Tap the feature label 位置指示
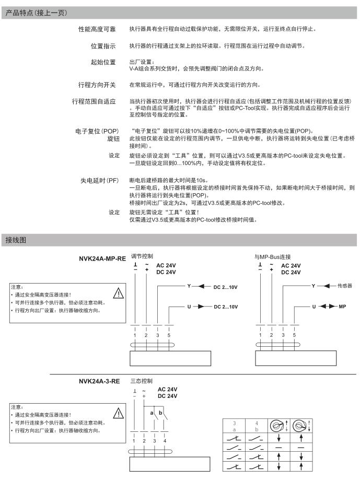click(103, 46)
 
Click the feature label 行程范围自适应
click(94, 100)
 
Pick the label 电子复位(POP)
click(97, 130)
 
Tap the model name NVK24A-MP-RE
click(102, 258)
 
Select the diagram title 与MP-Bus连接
click(272, 257)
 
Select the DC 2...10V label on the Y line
click(225, 287)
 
